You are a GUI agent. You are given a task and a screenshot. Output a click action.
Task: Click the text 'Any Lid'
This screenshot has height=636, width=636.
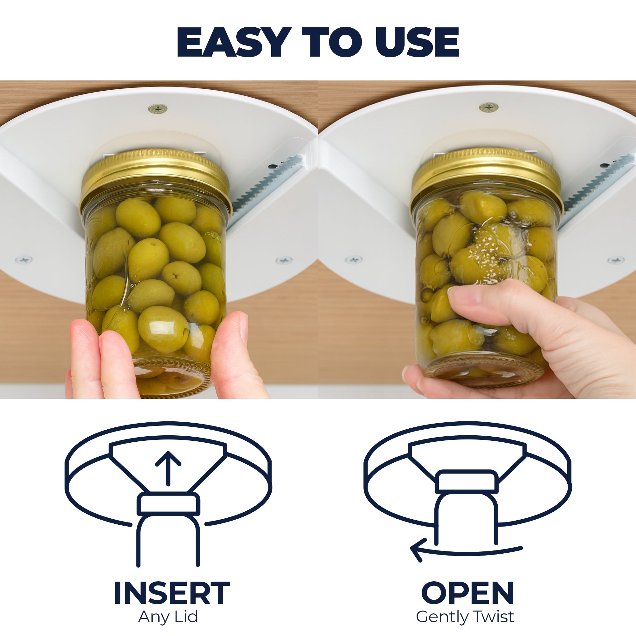(168, 617)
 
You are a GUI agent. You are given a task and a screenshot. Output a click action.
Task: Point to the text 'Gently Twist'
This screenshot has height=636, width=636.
(465, 617)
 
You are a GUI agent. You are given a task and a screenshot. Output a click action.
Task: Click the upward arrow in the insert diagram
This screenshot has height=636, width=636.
(168, 468)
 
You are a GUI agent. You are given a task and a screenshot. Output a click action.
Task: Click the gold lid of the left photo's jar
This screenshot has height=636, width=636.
(155, 175)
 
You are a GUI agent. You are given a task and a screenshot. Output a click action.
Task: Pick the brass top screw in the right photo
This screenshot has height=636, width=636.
(488, 107)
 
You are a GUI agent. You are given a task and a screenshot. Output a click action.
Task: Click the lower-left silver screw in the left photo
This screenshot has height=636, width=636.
(24, 260)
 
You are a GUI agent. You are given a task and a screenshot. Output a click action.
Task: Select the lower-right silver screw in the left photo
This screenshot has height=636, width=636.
(283, 260)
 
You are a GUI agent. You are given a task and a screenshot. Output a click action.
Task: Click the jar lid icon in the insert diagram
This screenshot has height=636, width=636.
(168, 504)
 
